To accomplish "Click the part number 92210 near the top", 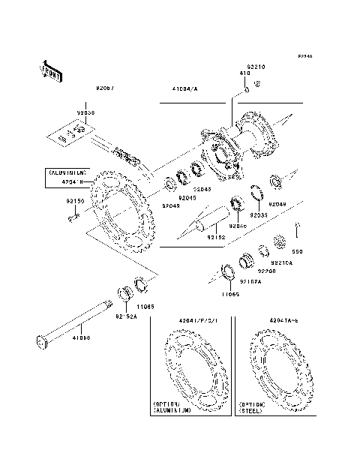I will [256, 67].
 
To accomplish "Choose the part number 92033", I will [258, 214].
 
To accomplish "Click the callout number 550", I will [297, 252].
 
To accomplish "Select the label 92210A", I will [282, 262].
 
